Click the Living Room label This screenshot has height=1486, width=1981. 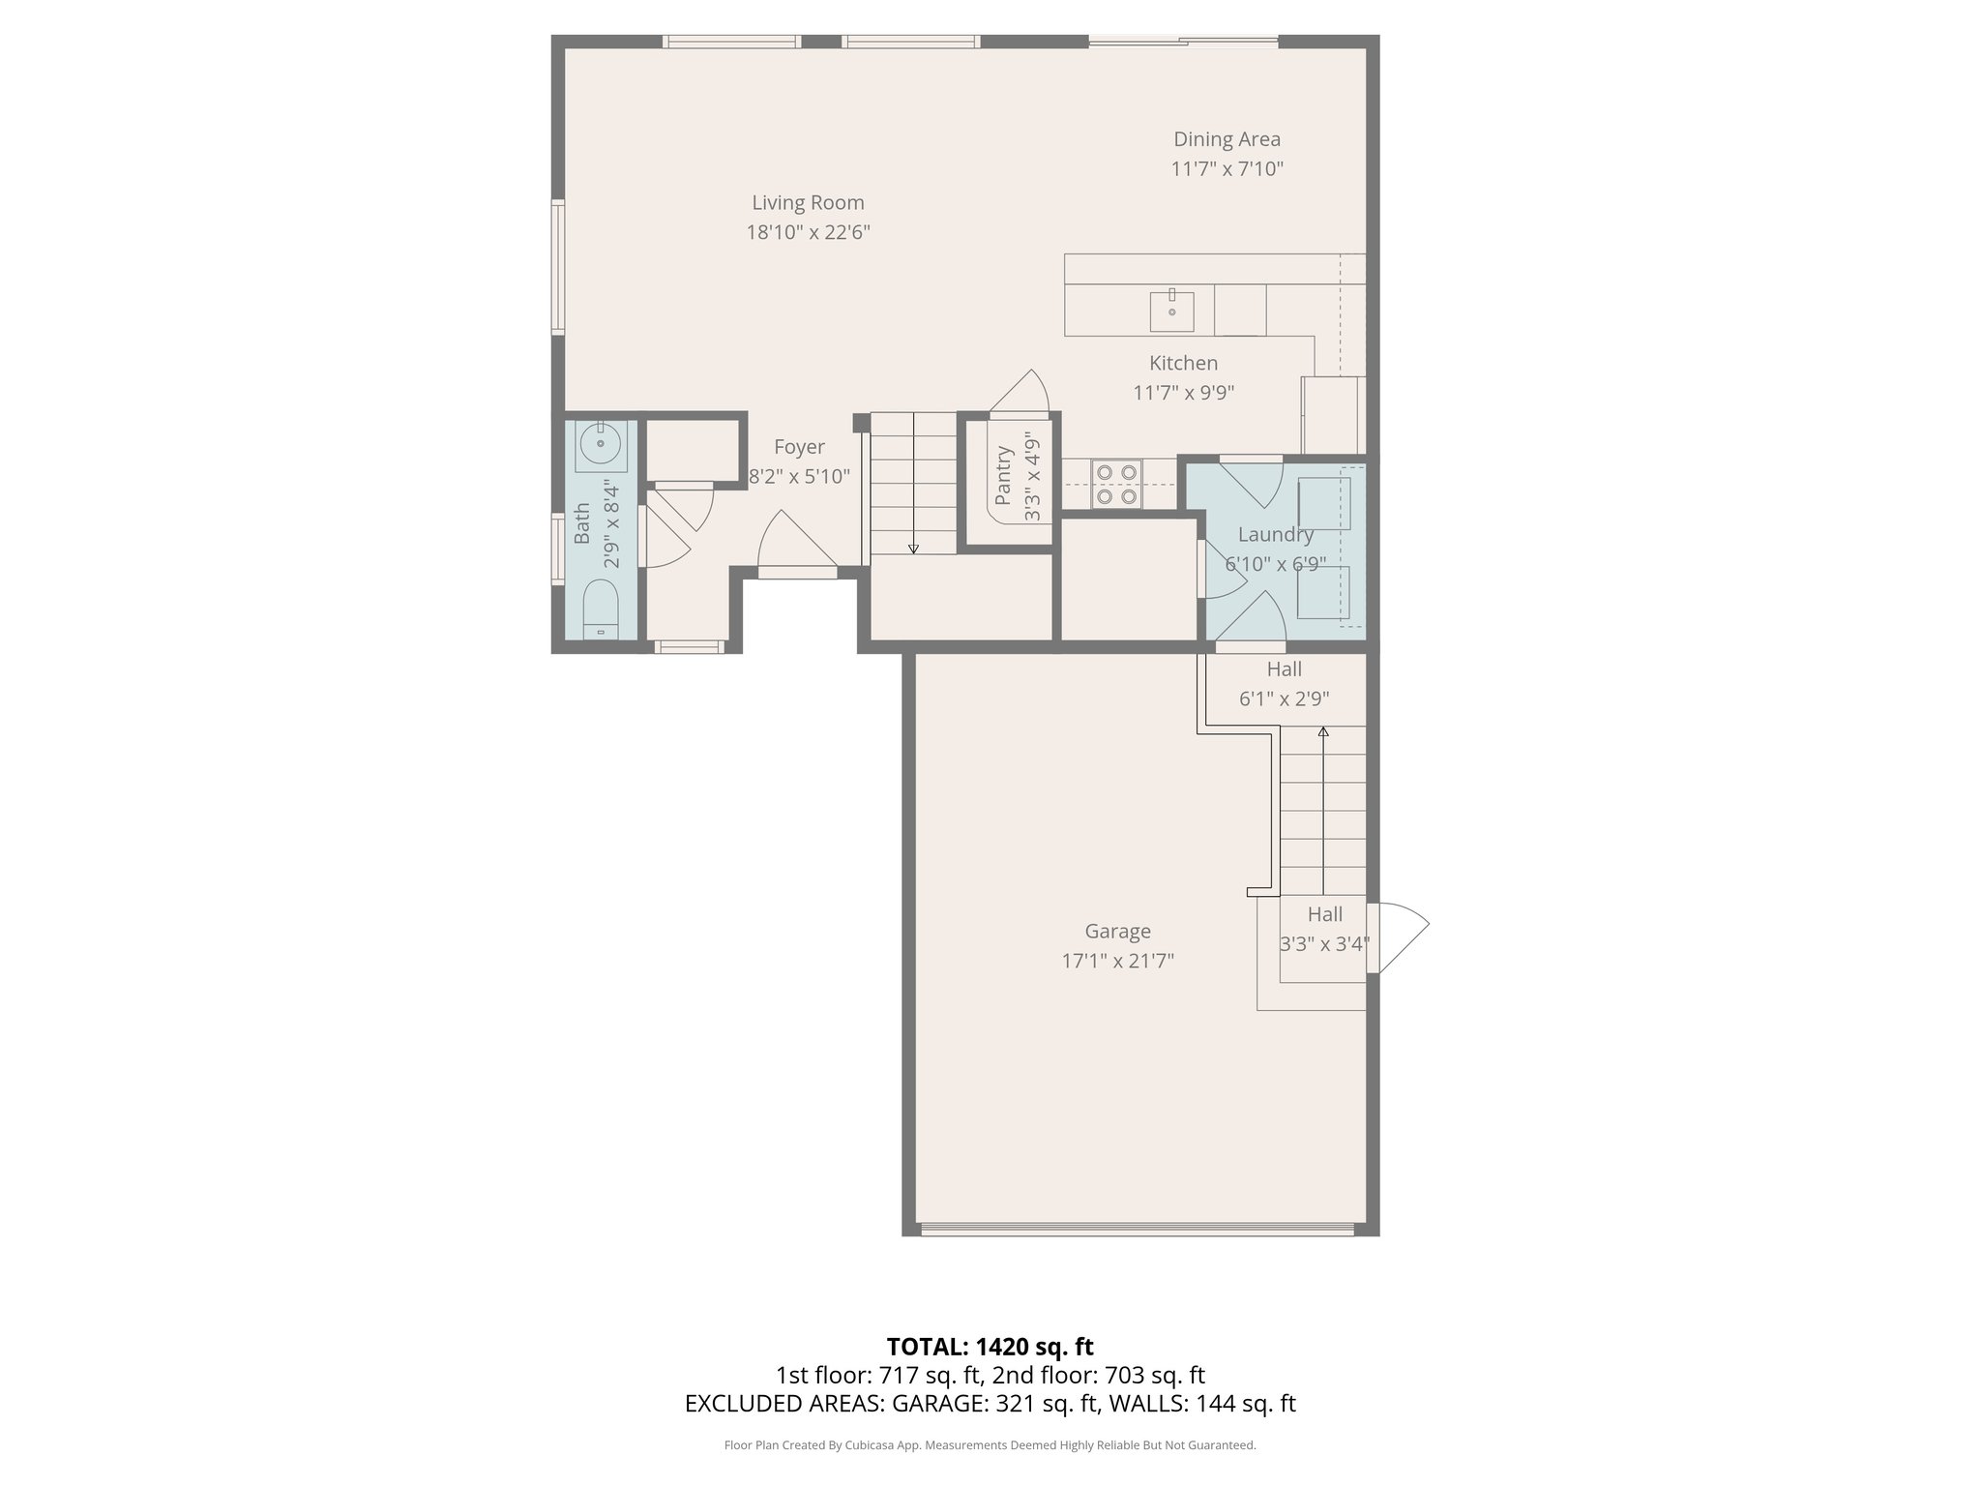808,203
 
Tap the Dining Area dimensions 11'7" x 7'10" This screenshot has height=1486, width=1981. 1227,169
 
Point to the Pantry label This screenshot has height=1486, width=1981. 1004,475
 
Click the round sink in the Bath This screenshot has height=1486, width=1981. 601,443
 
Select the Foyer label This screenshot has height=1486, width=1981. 799,447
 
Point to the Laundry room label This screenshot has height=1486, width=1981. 1275,534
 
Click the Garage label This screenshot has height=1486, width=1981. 1117,931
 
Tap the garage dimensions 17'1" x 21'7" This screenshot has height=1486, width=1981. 1117,961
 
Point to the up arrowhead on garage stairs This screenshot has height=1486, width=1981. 1322,732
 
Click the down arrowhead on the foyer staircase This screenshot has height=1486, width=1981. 913,549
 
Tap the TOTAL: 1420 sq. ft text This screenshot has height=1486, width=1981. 990,1346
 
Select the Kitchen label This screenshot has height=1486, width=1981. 1183,363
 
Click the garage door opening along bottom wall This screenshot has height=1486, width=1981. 1137,1230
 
